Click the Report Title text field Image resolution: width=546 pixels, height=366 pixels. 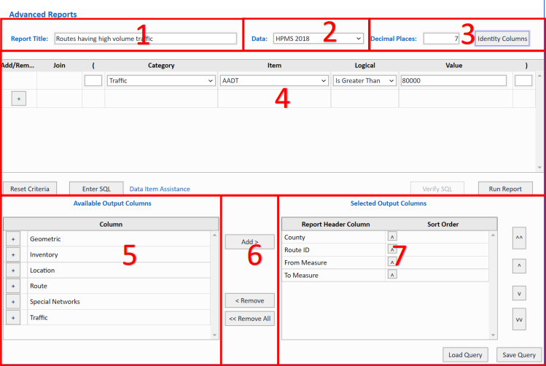[146, 39]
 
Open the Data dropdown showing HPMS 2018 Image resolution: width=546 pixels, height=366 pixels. [318, 39]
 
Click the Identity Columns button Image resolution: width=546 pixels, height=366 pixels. [502, 39]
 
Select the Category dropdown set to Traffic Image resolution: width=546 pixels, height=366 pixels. [161, 81]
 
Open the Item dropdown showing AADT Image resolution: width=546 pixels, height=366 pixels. [274, 81]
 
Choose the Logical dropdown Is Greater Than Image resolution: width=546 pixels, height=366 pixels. [364, 81]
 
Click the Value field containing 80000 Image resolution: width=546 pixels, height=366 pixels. [453, 81]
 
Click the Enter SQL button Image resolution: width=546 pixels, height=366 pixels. [91, 189]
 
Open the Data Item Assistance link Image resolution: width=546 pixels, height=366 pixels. [159, 189]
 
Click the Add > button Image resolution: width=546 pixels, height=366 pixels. [249, 241]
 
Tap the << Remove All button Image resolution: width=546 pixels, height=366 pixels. [249, 319]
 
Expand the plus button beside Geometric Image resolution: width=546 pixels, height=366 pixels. [13, 238]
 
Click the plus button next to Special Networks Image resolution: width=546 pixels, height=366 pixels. [13, 302]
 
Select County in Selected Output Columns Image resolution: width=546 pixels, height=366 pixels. [295, 237]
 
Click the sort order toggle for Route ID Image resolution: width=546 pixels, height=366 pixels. [393, 249]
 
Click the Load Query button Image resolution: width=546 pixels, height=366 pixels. [465, 355]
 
